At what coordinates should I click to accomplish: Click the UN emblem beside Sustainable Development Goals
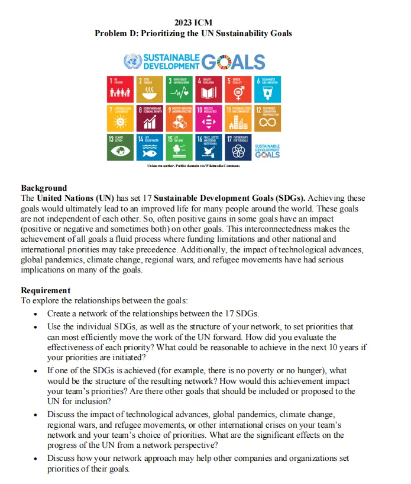click(x=132, y=62)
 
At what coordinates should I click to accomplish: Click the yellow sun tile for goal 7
click(x=121, y=117)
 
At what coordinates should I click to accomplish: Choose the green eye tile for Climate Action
click(x=121, y=146)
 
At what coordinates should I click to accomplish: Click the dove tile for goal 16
click(x=209, y=146)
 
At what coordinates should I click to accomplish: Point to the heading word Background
click(x=44, y=188)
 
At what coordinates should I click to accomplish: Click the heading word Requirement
click(x=46, y=290)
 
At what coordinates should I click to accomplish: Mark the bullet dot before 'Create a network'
click(x=37, y=314)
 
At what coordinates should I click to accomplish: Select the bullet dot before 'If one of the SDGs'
click(x=37, y=371)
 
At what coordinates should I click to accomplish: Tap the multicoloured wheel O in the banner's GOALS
click(x=225, y=62)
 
